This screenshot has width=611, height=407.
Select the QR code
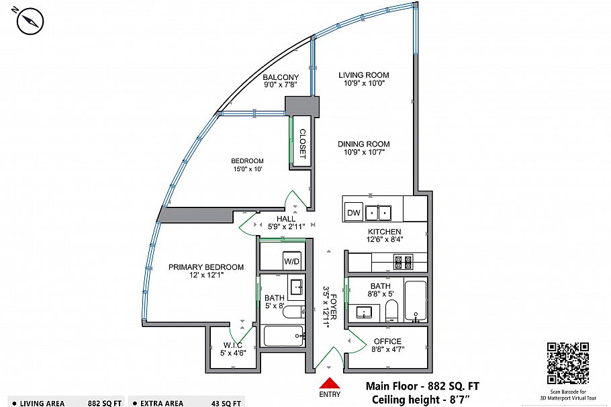click(568, 363)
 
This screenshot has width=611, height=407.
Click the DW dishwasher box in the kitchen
click(353, 213)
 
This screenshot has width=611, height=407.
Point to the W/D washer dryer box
click(291, 261)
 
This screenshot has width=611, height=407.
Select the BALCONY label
click(281, 77)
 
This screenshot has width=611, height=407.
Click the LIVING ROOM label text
click(363, 75)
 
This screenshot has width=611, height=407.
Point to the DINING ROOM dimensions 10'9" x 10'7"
click(363, 152)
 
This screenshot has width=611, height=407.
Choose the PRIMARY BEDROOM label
click(205, 267)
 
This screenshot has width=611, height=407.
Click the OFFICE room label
click(387, 341)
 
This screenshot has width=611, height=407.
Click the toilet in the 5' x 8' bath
click(293, 312)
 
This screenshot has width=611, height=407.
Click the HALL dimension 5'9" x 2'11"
click(287, 227)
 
